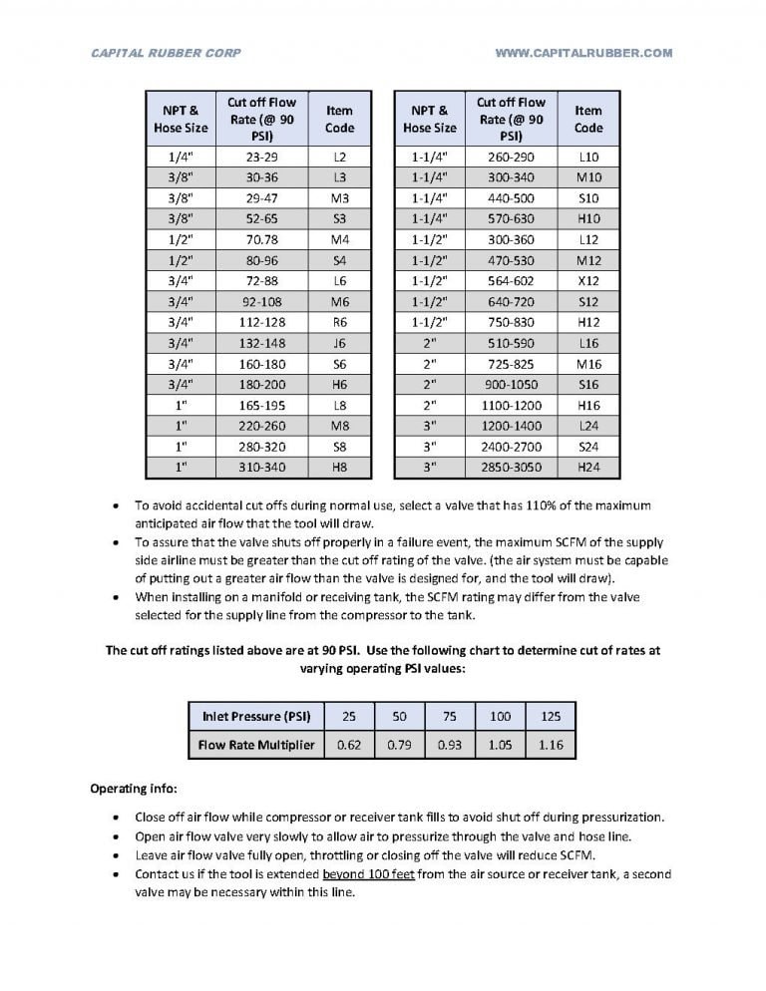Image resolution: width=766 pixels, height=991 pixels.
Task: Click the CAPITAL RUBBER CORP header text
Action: (166, 53)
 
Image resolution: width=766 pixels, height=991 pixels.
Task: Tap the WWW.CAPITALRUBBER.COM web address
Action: (583, 53)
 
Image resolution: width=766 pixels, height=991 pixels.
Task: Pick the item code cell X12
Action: (588, 281)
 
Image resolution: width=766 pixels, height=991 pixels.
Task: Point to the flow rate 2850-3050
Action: (511, 468)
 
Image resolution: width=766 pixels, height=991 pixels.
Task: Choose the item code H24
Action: (588, 468)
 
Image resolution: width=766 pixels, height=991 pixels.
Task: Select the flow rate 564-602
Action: (511, 281)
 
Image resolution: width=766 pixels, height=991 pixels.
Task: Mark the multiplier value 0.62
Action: (349, 745)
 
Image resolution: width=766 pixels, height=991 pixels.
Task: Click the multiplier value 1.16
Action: (551, 745)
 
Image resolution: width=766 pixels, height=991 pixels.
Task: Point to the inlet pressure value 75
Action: (450, 716)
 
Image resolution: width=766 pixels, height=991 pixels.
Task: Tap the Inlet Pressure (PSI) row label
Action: (256, 716)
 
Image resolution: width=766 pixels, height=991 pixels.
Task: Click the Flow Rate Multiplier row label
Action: (256, 745)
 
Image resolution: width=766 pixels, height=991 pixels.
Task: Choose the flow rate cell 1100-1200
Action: (511, 405)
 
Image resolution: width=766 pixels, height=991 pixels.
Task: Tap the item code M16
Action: (588, 364)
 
